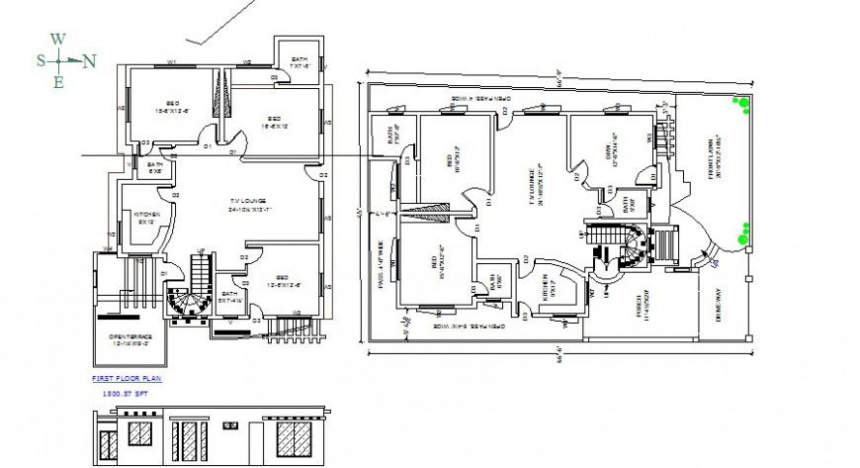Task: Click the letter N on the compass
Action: click(x=89, y=61)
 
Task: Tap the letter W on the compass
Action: click(x=58, y=40)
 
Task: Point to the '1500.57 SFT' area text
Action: click(x=120, y=393)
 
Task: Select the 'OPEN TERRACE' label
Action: click(x=129, y=340)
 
